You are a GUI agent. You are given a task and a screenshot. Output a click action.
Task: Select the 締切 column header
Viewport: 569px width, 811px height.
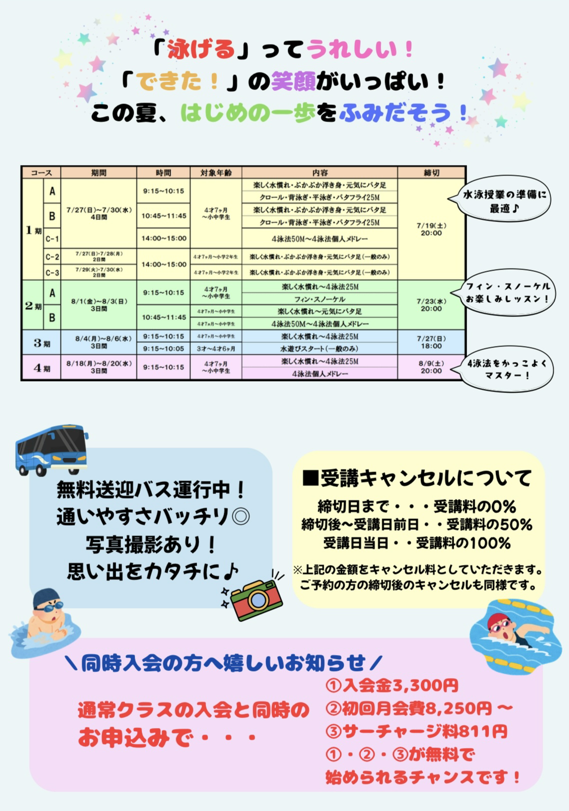pos(431,173)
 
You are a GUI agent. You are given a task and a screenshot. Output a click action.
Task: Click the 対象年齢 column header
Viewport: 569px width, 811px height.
pos(216,173)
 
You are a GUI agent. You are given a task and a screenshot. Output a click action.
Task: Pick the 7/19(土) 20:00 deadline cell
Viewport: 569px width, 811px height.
pos(431,229)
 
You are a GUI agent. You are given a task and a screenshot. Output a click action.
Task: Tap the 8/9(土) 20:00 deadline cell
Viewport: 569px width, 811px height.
pos(431,367)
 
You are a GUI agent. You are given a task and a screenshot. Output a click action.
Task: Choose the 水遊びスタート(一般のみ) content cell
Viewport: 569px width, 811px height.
pos(319,349)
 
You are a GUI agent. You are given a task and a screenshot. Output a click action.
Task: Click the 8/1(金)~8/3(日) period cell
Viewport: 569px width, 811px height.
pos(99,305)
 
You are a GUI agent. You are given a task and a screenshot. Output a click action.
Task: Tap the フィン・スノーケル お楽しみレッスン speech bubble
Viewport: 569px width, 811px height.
pos(507,292)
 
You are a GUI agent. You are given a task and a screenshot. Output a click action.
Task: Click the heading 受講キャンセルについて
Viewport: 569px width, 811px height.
pos(416,478)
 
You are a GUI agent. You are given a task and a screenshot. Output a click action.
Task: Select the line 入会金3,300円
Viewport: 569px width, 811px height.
pos(392,685)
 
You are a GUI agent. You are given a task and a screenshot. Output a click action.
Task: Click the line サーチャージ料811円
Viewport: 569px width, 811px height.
pos(417,731)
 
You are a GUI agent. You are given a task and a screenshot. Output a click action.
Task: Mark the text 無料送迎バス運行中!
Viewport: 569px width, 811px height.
pos(151,490)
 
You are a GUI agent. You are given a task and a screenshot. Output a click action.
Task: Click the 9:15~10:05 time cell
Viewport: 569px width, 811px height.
pos(163,349)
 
